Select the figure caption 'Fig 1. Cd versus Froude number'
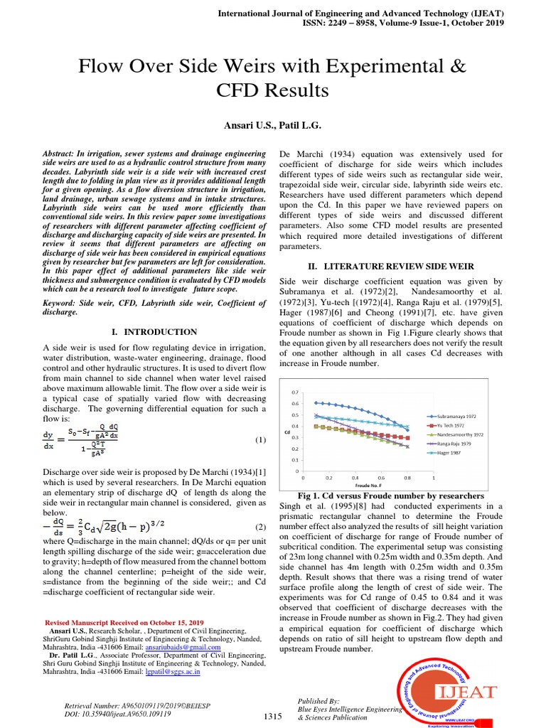click(391, 496)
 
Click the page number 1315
click(274, 717)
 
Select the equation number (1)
click(261, 440)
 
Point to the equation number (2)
click(261, 527)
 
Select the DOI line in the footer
click(117, 713)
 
